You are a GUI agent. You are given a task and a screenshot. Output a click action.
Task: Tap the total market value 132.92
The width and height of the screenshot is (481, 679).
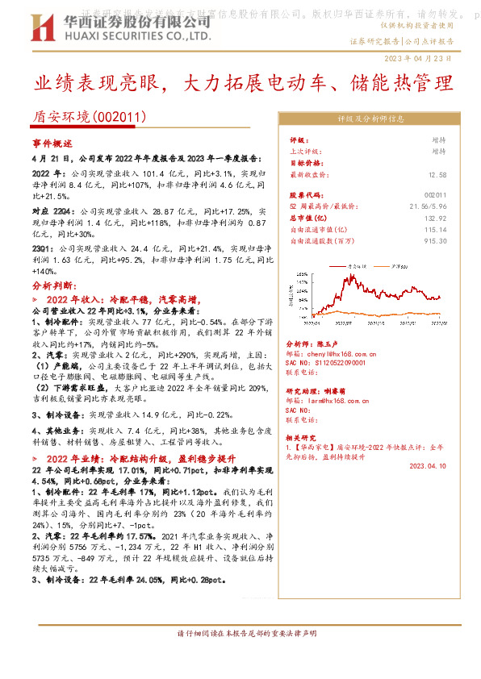click(434, 219)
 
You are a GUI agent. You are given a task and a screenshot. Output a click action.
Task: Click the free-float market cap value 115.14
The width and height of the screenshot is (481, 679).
click(434, 230)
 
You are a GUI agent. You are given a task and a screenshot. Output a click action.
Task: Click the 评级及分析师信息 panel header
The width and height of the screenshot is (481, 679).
click(370, 119)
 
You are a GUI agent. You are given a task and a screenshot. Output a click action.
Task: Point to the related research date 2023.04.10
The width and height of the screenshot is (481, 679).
click(427, 465)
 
